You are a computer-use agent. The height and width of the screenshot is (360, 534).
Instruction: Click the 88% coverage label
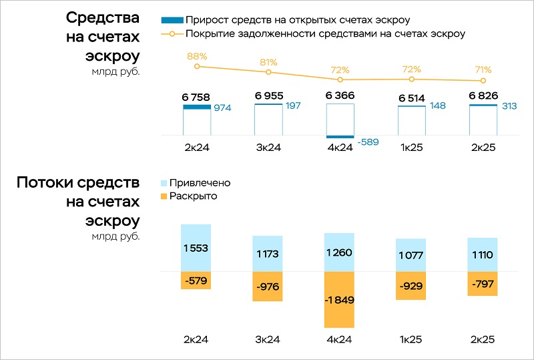196,56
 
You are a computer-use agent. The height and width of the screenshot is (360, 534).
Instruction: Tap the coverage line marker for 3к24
268,72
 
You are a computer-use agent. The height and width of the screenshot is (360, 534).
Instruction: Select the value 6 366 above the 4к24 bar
340,96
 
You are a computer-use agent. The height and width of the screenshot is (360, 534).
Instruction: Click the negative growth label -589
368,142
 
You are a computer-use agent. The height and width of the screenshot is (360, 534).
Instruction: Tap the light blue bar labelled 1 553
196,248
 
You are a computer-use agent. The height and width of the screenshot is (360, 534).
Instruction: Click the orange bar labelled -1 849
339,300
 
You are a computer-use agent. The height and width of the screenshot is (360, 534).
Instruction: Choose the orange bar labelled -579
196,281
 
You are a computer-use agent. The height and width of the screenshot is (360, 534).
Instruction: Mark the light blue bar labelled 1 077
411,255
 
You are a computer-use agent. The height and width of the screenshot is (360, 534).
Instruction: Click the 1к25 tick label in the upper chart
411,148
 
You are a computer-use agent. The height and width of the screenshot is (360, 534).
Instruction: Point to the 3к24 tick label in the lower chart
268,340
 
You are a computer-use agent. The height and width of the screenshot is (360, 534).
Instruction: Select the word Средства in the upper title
103,18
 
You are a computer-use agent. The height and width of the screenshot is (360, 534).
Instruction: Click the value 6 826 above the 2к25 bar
483,96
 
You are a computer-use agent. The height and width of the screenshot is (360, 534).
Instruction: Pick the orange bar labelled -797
483,284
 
